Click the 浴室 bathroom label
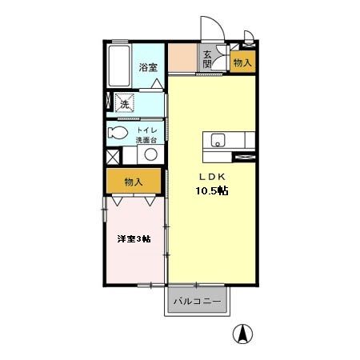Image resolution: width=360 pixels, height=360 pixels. click(x=146, y=67)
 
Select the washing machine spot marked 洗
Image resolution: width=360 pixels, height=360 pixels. click(x=123, y=103)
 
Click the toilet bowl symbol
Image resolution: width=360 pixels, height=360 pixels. click(x=117, y=133)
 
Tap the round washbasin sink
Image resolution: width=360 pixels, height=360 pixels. click(x=150, y=154)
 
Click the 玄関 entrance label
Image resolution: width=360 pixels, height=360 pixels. click(x=206, y=60)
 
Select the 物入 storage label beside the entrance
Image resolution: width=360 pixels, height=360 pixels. click(x=242, y=62)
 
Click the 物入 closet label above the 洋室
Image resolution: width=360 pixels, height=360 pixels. click(x=133, y=182)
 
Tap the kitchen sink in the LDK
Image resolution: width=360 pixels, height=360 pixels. click(x=218, y=141)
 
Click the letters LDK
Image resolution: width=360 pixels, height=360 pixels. click(x=213, y=177)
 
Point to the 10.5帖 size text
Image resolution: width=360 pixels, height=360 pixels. click(x=213, y=191)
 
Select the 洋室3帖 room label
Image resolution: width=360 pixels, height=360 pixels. click(x=134, y=238)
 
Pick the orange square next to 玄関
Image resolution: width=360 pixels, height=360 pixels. click(x=182, y=58)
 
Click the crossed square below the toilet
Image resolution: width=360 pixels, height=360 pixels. click(x=114, y=156)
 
